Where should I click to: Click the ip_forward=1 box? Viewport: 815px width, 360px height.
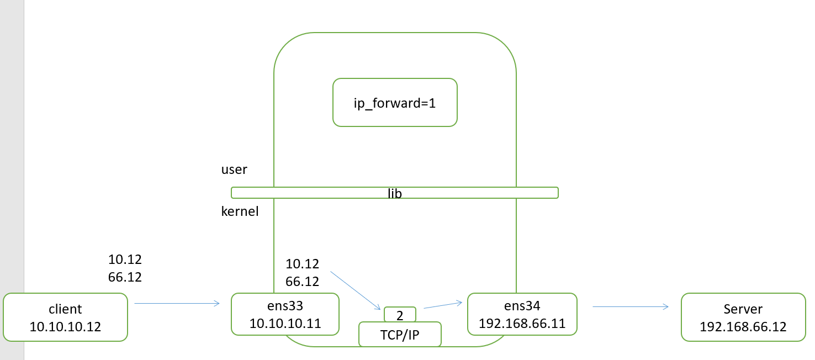pyautogui.click(x=395, y=103)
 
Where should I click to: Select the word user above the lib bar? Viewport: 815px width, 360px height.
pyautogui.click(x=234, y=170)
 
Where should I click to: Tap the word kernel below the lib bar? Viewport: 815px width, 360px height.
pyautogui.click(x=240, y=211)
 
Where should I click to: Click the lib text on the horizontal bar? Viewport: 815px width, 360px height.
pyautogui.click(x=394, y=193)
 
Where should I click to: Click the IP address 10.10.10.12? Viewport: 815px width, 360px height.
pyautogui.click(x=65, y=326)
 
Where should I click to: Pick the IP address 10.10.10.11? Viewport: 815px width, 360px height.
pyautogui.click(x=284, y=323)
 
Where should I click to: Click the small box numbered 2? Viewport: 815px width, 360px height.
pyautogui.click(x=400, y=315)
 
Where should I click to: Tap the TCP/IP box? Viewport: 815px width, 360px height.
pyautogui.click(x=400, y=335)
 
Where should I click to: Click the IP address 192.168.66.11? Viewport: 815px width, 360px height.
pyautogui.click(x=522, y=323)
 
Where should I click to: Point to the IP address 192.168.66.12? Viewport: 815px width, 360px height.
pyautogui.click(x=743, y=326)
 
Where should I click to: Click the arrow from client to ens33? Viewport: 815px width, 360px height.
pyautogui.click(x=177, y=303)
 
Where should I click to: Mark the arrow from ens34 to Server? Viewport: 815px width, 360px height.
pyautogui.click(x=631, y=307)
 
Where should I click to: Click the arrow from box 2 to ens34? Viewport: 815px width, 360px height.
pyautogui.click(x=442, y=305)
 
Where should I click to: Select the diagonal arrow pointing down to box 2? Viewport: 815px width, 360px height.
pyautogui.click(x=355, y=290)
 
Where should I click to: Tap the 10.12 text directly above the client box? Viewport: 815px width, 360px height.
pyautogui.click(x=125, y=260)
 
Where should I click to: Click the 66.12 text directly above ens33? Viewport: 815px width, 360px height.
pyautogui.click(x=302, y=282)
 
